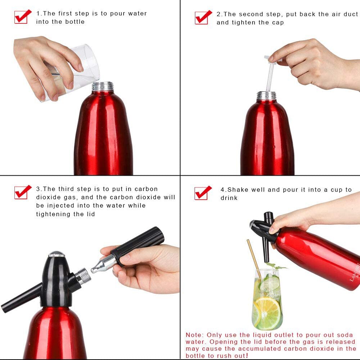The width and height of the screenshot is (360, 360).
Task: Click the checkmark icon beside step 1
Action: [23, 17]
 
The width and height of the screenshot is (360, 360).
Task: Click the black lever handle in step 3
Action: [22, 298]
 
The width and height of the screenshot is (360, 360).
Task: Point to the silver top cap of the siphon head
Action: [57, 255]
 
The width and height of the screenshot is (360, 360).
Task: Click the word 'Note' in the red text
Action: [194, 335]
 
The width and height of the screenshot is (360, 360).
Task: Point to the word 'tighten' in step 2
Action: [246, 22]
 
